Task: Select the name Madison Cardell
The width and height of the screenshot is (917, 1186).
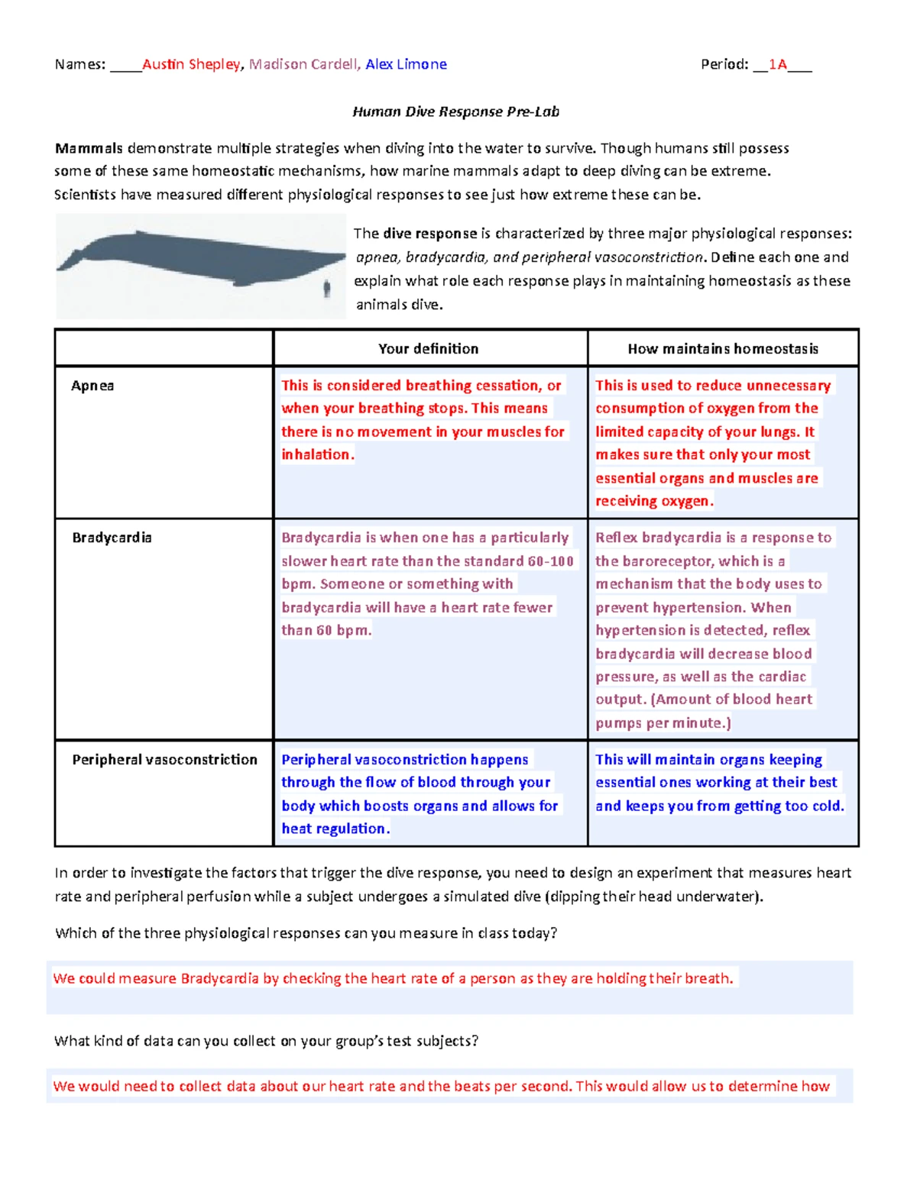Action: coord(303,65)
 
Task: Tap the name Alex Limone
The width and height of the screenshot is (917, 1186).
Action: coord(406,65)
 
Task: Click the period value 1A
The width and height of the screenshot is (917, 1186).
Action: coord(777,65)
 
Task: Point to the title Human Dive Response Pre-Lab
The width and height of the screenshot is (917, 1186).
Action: coord(455,112)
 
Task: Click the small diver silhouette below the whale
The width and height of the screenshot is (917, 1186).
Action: coord(327,289)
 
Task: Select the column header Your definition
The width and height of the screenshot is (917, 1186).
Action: coord(428,349)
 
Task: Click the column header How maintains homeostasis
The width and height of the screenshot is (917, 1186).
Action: coord(722,349)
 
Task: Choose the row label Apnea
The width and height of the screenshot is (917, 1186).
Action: coord(92,386)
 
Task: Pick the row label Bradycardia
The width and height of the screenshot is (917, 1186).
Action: coord(112,538)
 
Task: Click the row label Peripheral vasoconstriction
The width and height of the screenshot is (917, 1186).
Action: coord(164,760)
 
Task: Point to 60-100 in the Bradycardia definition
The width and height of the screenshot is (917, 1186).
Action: coord(550,561)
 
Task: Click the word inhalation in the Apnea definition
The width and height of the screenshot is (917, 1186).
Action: coord(316,455)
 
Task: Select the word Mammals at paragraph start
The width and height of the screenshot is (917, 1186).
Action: coord(89,148)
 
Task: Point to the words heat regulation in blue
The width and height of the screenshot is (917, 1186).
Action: coord(335,829)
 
